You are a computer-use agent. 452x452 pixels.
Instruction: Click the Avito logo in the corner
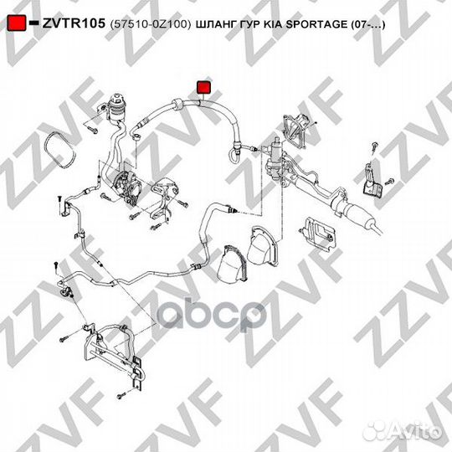point(413,429)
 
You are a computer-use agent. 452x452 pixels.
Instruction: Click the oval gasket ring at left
point(60,151)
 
